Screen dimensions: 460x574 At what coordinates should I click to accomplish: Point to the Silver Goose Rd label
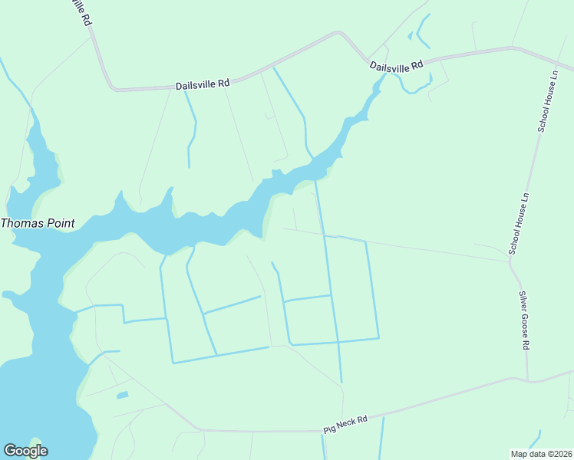pyautogui.click(x=524, y=320)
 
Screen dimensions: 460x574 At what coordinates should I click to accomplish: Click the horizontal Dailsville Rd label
pyautogui.click(x=203, y=85)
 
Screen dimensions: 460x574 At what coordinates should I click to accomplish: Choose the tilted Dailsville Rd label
pyautogui.click(x=397, y=67)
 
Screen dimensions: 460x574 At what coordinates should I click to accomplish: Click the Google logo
pyautogui.click(x=25, y=451)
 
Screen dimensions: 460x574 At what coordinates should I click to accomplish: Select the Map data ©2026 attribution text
pyautogui.click(x=541, y=453)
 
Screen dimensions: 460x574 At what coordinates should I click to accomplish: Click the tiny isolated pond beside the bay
pyautogui.click(x=122, y=396)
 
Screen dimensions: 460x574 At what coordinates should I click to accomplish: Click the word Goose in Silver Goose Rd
pyautogui.click(x=524, y=322)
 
